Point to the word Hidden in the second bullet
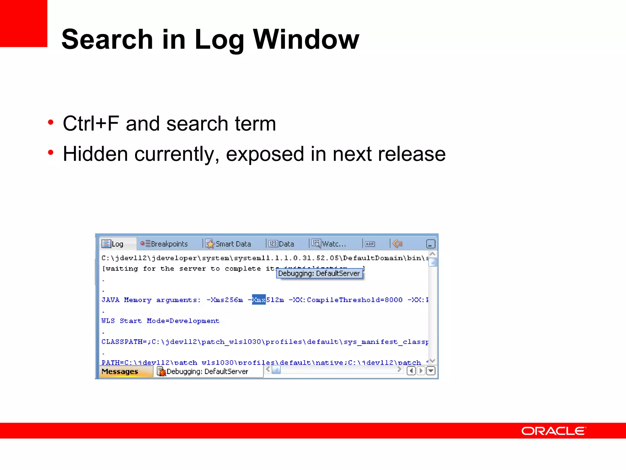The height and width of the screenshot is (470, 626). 95,154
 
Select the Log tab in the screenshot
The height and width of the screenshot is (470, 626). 113,244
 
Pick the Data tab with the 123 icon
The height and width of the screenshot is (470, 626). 282,244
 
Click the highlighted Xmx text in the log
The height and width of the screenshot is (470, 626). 259,300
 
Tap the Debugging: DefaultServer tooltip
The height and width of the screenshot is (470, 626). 319,273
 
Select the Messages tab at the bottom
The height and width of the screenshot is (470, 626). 120,371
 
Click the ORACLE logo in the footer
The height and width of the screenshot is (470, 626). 553,431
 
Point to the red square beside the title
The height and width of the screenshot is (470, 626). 24,23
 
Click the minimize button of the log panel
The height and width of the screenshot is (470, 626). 430,244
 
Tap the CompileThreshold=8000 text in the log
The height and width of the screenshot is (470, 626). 355,300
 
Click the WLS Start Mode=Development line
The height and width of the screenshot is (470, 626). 160,321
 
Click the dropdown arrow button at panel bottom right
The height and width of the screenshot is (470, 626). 431,371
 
